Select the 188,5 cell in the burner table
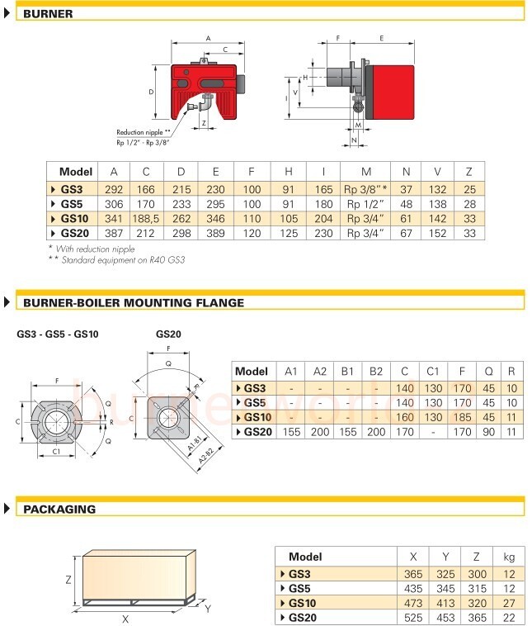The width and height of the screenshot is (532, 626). [147, 218]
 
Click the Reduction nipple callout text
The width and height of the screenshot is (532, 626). [144, 132]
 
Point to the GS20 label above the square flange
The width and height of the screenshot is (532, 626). [168, 334]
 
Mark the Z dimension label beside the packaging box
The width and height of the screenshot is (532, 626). [70, 580]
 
